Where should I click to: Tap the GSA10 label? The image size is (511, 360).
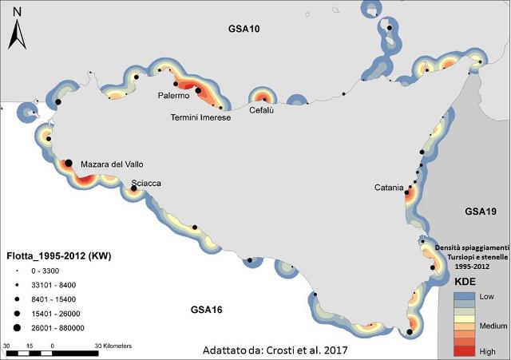click(x=245, y=30)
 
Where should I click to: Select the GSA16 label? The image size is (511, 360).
click(x=207, y=309)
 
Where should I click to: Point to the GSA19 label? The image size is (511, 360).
click(x=481, y=212)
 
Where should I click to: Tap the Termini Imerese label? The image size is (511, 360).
click(x=200, y=117)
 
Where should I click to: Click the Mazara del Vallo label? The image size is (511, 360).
click(x=112, y=164)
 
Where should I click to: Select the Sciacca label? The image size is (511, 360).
click(x=146, y=183)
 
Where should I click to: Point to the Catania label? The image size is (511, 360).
click(x=390, y=188)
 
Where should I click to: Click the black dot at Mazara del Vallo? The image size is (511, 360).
click(x=69, y=163)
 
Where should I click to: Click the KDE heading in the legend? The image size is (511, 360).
click(x=466, y=282)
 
